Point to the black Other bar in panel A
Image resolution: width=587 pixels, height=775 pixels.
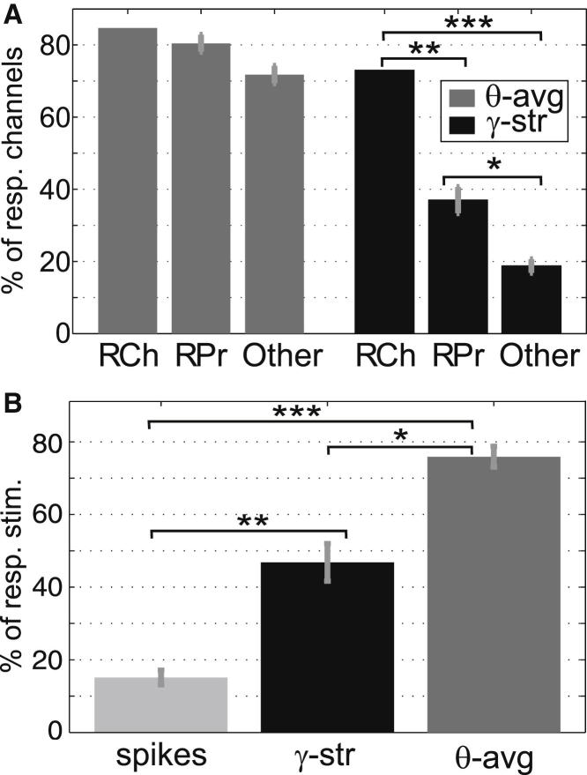(x=531, y=299)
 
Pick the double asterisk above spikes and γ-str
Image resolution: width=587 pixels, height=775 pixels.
(x=250, y=520)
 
